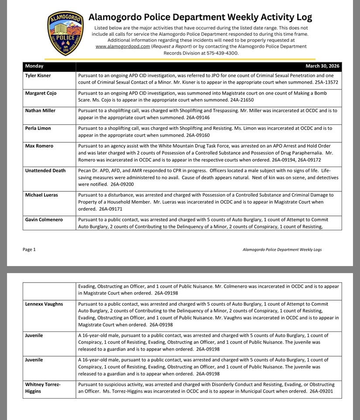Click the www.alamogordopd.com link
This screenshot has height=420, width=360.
coord(123,46)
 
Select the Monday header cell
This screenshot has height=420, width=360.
coord(34,66)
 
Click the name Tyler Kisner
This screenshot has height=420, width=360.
coord(38,76)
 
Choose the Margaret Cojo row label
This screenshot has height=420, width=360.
coord(41,93)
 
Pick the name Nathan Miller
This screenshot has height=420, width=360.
coord(40,111)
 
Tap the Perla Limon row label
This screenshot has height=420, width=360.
coord(38,128)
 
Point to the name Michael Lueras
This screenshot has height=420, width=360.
coord(41,195)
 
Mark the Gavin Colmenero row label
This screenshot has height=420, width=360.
coord(44,220)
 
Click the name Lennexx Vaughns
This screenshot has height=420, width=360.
coord(44,304)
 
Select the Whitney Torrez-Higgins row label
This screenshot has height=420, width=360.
coord(43,388)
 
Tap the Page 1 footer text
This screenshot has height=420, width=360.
coord(29,249)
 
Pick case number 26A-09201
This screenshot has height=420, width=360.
coord(321,391)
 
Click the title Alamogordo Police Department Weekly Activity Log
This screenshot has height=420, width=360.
coord(200,17)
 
